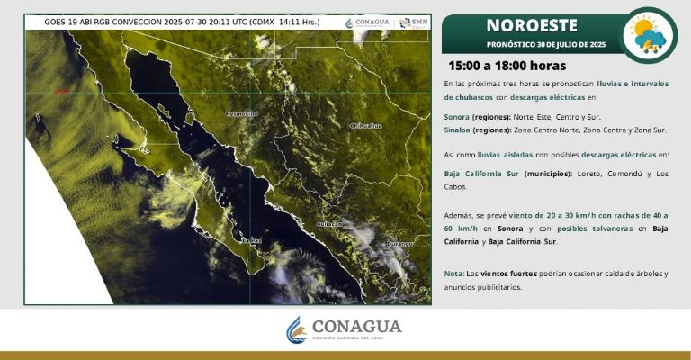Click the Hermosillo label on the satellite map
[239, 114]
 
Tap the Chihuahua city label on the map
[365, 126]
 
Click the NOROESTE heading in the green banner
[531, 24]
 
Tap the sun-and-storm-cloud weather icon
[649, 35]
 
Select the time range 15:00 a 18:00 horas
[507, 66]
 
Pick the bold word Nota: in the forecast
[453, 273]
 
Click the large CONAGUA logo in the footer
[345, 329]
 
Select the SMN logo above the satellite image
[415, 22]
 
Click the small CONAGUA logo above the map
[369, 22]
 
